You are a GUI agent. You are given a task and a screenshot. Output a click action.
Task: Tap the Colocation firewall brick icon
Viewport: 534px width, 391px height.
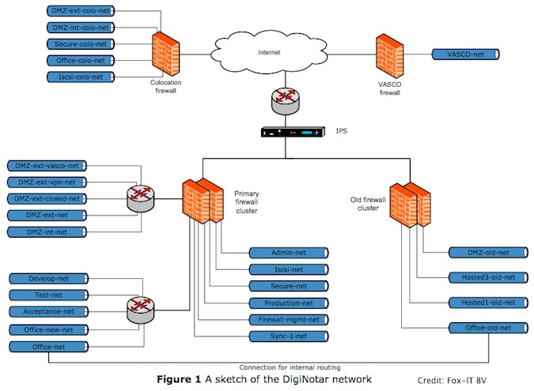point(166,54)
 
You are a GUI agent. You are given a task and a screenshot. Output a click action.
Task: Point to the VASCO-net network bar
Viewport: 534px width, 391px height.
point(467,55)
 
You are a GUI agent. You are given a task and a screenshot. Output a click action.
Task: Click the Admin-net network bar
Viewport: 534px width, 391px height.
point(288,253)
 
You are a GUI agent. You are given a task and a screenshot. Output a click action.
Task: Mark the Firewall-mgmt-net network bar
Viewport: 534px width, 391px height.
point(288,320)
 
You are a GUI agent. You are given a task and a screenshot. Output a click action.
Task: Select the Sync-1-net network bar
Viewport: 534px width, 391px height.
point(288,336)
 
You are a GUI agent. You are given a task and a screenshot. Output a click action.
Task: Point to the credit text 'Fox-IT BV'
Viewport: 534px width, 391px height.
point(487,381)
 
